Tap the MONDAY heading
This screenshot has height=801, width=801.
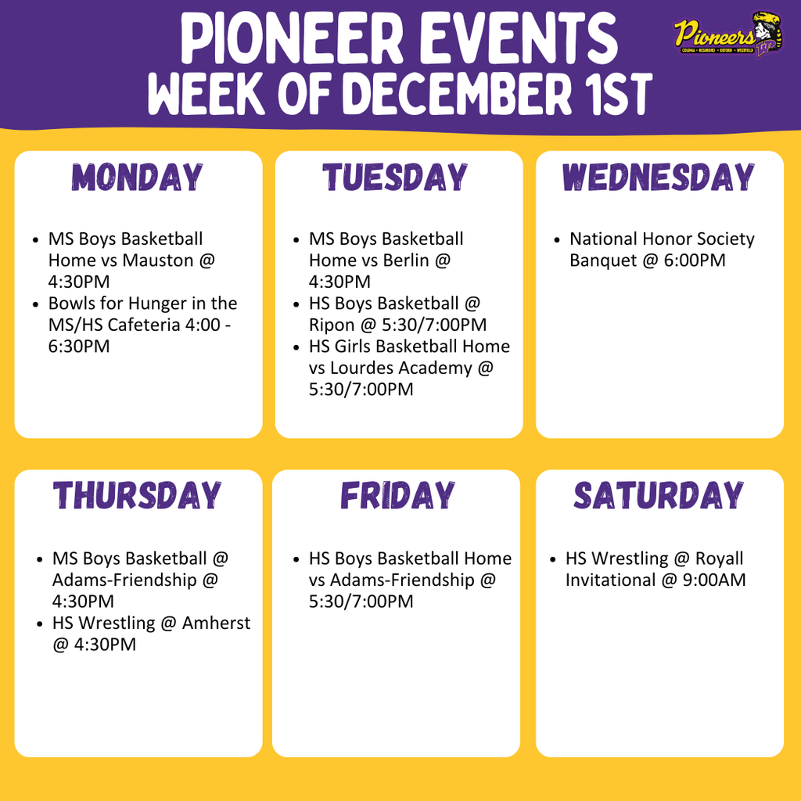point(138,178)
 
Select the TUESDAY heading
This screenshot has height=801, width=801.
point(396,178)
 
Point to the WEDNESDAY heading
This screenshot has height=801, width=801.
point(659,178)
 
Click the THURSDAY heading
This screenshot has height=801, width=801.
point(138,496)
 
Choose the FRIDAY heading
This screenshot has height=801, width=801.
point(397,496)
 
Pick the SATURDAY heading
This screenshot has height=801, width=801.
point(659,496)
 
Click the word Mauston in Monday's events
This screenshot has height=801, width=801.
point(158,260)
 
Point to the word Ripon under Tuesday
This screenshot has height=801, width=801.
point(332,325)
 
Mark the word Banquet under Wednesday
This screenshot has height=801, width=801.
point(603,260)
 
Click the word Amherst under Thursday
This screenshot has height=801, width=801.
point(217,623)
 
